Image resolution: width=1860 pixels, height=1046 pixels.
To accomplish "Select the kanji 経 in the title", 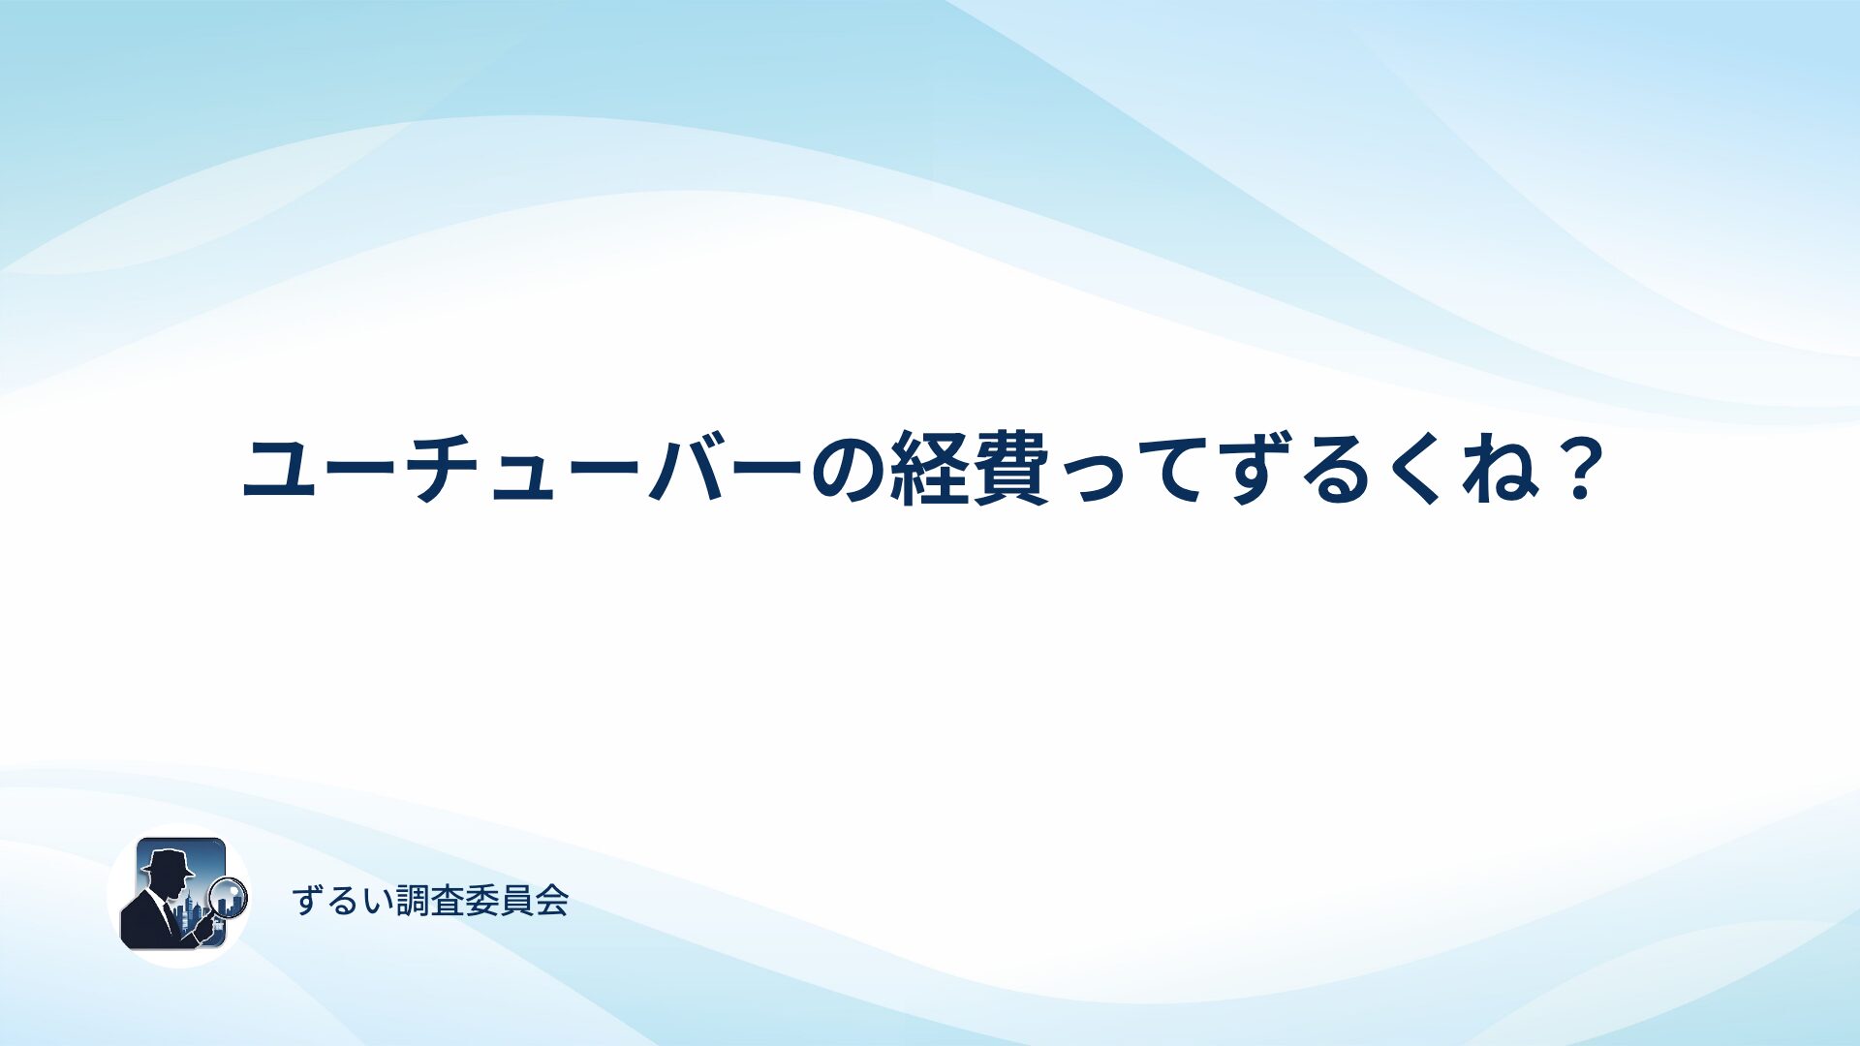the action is click(930, 469).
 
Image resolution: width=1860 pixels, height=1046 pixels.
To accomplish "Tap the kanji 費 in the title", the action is click(1012, 469).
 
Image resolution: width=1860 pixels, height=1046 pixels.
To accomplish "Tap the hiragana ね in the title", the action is click(1501, 469).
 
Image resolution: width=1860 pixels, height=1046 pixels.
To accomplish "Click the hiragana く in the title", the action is click(1421, 469).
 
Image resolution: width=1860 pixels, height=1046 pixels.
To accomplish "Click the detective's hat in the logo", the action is click(168, 860).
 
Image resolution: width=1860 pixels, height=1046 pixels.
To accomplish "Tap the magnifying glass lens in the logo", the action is click(229, 897).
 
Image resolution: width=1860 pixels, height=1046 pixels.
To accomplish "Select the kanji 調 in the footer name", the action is click(413, 901).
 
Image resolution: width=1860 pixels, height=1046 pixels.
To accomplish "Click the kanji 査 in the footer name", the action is click(448, 901).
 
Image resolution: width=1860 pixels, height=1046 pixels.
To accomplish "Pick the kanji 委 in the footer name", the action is click(482, 901).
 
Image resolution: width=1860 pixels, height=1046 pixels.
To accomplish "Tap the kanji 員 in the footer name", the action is click(517, 901).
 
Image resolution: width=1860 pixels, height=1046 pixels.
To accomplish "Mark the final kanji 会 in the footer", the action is click(552, 901).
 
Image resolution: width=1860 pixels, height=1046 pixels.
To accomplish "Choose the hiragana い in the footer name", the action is click(378, 902).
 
